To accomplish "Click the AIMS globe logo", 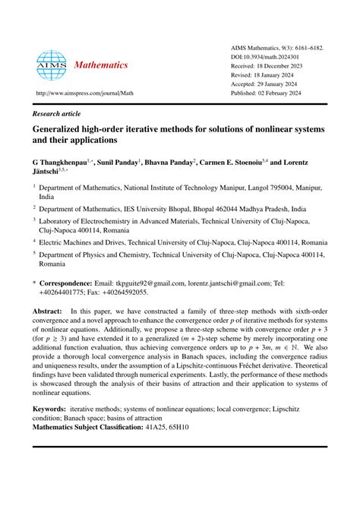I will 51,65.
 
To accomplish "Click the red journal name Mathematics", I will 100,65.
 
